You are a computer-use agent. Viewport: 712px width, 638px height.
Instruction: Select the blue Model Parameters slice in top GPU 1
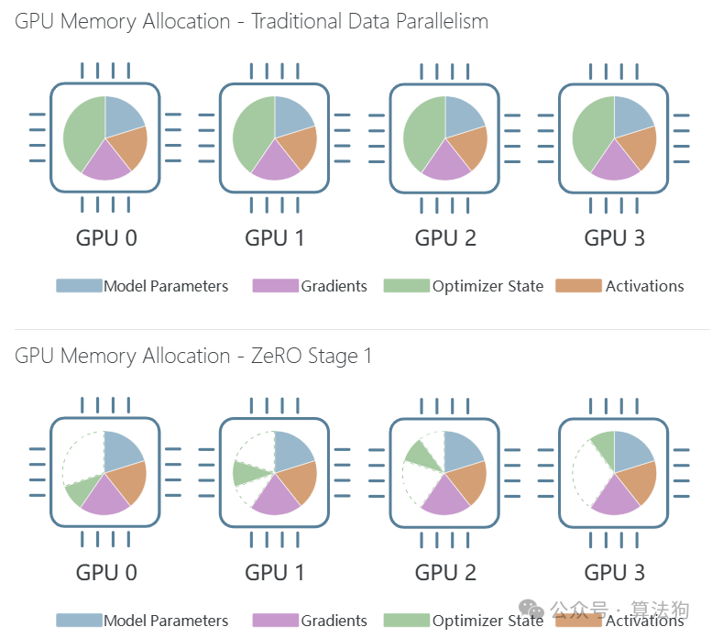click(294, 115)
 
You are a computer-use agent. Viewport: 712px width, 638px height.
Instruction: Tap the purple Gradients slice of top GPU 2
click(447, 161)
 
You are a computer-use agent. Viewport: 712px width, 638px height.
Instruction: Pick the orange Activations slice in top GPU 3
click(638, 148)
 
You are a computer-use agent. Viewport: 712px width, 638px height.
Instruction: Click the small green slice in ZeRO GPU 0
click(78, 491)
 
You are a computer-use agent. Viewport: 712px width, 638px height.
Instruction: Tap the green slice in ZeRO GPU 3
click(603, 446)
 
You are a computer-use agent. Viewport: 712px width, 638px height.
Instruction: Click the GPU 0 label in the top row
click(106, 238)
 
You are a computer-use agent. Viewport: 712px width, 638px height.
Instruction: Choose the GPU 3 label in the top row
click(615, 238)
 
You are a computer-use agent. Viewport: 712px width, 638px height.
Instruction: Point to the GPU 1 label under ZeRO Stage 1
click(276, 573)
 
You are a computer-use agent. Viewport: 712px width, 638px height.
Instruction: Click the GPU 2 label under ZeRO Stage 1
click(445, 573)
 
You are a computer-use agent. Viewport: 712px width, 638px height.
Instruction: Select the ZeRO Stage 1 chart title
click(193, 356)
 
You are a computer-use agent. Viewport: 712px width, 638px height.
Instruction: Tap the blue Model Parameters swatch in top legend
click(79, 286)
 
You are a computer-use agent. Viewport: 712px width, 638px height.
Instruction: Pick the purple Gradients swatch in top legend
click(275, 286)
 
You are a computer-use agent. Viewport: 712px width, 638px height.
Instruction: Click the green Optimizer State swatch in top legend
click(406, 286)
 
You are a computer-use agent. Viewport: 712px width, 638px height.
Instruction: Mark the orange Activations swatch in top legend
click(578, 286)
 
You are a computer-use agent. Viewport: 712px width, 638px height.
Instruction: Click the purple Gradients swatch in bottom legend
click(275, 621)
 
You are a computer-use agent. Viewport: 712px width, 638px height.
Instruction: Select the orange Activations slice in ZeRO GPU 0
click(128, 482)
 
